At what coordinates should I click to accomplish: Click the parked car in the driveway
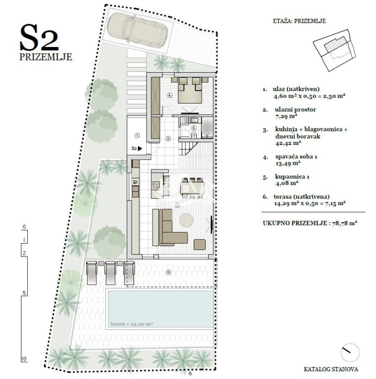[137, 29]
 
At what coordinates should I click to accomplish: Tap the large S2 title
[39, 38]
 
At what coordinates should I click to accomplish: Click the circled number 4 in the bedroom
[170, 96]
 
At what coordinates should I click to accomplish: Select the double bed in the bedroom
[190, 89]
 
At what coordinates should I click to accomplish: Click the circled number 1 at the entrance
[137, 135]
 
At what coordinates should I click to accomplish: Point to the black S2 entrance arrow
[140, 148]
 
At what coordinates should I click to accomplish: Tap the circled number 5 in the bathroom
[194, 128]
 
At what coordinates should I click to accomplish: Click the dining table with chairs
[193, 188]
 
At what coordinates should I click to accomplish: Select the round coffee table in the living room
[186, 220]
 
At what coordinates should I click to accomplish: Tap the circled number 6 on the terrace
[169, 272]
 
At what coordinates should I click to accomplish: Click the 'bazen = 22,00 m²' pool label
[132, 324]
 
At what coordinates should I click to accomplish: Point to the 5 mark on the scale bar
[24, 293]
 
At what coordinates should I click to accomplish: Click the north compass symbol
[350, 352]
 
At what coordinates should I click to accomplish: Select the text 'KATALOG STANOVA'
[331, 369]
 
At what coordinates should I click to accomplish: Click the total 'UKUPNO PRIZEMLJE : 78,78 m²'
[310, 223]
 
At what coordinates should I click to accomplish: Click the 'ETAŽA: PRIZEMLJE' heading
[299, 21]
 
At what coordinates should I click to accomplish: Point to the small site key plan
[335, 50]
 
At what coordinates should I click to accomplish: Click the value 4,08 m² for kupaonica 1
[287, 183]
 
